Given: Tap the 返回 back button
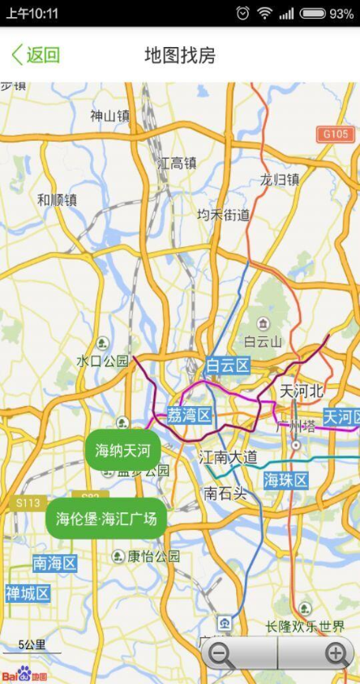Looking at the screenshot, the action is [x=36, y=55].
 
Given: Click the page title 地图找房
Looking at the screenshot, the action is [x=180, y=55].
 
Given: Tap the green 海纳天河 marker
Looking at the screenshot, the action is [x=122, y=450].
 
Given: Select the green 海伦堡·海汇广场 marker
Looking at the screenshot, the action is [x=106, y=518].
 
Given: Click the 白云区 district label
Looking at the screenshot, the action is [x=228, y=366].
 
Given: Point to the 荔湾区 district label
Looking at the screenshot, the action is [x=189, y=416].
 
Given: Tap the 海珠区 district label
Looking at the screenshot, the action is [x=286, y=481].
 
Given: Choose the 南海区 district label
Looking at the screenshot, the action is [x=54, y=562].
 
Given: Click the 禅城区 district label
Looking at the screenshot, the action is [x=27, y=593].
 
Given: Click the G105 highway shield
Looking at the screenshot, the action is [x=335, y=134].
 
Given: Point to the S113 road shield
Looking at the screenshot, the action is [x=28, y=502].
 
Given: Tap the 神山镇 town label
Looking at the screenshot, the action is [x=110, y=116].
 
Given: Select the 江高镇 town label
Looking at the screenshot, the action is [x=178, y=163].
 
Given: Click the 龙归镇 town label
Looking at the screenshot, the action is [x=280, y=179].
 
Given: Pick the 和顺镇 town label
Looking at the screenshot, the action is [x=57, y=199].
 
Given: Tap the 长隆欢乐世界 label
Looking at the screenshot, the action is [x=305, y=626].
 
